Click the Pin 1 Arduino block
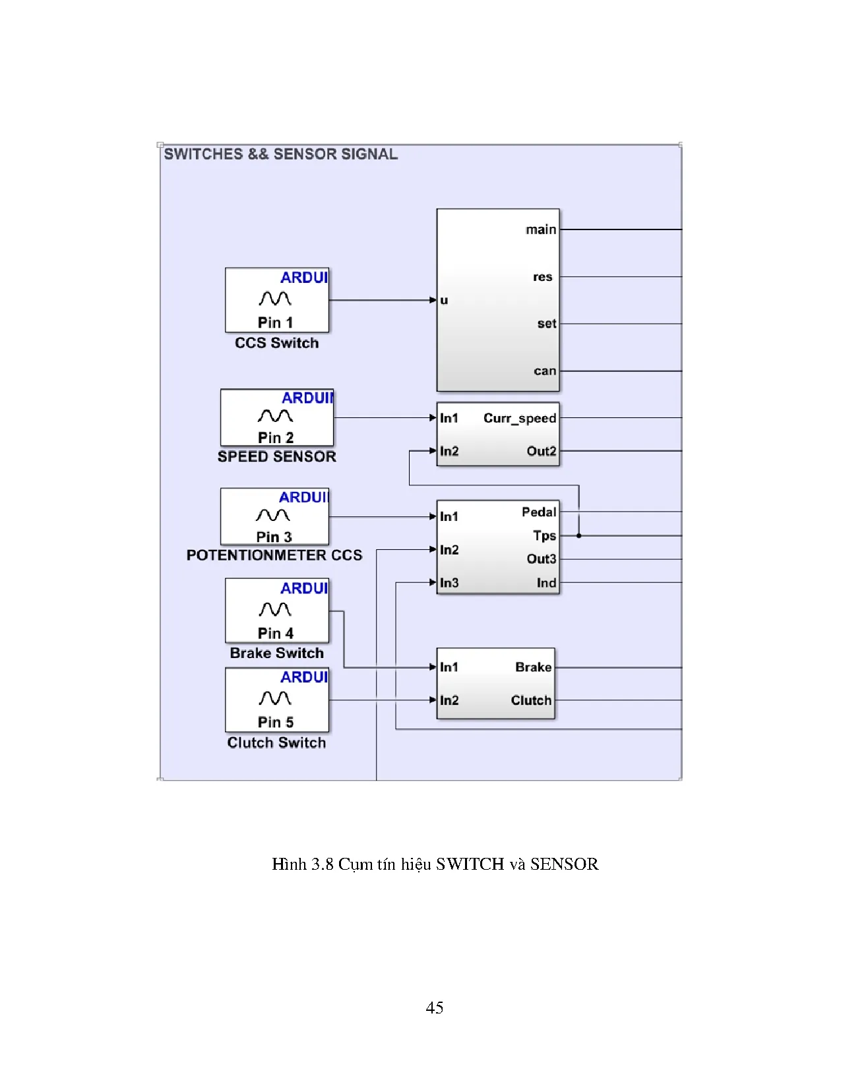coord(276,300)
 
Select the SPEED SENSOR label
coord(276,456)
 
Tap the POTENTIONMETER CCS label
coord(274,555)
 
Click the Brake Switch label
coord(276,653)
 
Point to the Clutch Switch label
coord(276,742)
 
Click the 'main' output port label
coord(541,229)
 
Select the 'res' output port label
coord(542,277)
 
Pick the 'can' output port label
coord(545,371)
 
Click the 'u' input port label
coord(444,300)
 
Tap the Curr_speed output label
coord(520,418)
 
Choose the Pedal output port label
coord(539,512)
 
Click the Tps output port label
coord(544,535)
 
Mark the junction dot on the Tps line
coord(579,535)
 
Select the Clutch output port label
coord(531,700)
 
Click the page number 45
coord(435,1008)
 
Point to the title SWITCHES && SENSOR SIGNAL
coord(281,154)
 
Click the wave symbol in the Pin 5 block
coord(275,698)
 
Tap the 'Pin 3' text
coord(274,537)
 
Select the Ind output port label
coord(546,583)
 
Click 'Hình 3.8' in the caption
coord(303,864)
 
